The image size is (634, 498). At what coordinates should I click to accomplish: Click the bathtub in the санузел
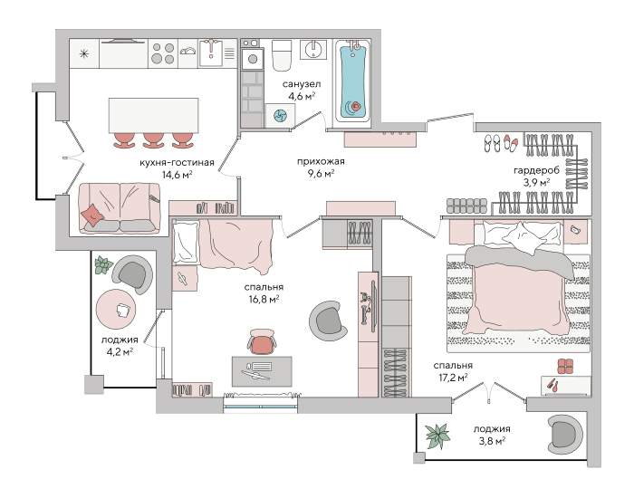tap(354, 81)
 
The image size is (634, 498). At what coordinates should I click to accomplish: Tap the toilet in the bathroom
tap(282, 55)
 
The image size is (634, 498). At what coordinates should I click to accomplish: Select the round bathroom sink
tap(313, 49)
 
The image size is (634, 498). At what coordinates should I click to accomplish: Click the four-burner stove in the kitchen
tap(162, 53)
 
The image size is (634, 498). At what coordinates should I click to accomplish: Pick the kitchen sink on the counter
tap(210, 53)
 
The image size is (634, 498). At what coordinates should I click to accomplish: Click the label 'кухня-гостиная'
tap(177, 163)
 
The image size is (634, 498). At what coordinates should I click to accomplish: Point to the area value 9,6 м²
tap(321, 174)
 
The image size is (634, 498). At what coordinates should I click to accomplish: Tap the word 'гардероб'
tap(536, 170)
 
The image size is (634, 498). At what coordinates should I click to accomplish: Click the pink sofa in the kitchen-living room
tap(120, 208)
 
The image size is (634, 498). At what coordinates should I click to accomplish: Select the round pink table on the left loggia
tap(116, 310)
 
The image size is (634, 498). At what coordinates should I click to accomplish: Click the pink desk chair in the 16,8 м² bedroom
tap(262, 341)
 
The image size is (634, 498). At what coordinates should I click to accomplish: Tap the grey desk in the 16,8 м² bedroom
tap(262, 371)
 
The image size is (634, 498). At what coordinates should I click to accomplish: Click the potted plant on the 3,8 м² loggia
tap(437, 436)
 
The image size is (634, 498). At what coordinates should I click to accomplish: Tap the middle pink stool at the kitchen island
tap(154, 140)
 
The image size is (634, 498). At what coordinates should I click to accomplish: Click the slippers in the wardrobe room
tap(501, 143)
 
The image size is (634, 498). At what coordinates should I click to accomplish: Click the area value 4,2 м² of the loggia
tap(120, 351)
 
